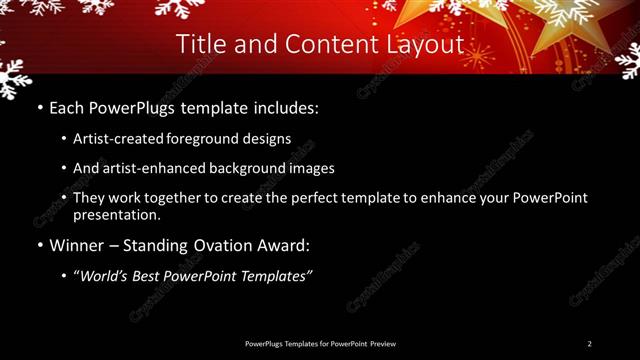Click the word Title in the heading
coord(200,44)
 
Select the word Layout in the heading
coord(423,44)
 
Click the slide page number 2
coord(590,344)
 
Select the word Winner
coord(75,245)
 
